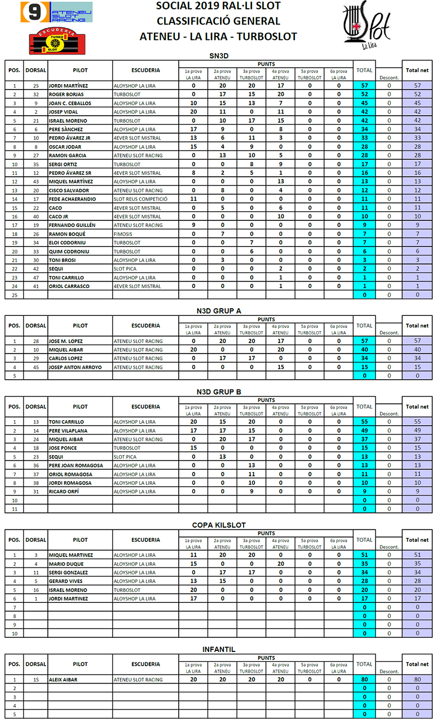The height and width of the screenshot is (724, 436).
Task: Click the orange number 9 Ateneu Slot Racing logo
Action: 57,12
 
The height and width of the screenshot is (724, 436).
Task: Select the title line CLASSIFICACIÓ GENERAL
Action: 218,21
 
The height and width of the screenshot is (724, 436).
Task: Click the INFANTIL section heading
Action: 218,649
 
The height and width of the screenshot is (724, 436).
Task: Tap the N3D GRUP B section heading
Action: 218,392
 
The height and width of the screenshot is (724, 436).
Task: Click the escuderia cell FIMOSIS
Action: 123,234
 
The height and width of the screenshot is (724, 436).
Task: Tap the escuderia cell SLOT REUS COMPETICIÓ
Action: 140,199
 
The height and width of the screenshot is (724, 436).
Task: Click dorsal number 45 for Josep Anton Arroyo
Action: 36,367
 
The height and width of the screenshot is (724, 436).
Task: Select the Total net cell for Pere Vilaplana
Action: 417,430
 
